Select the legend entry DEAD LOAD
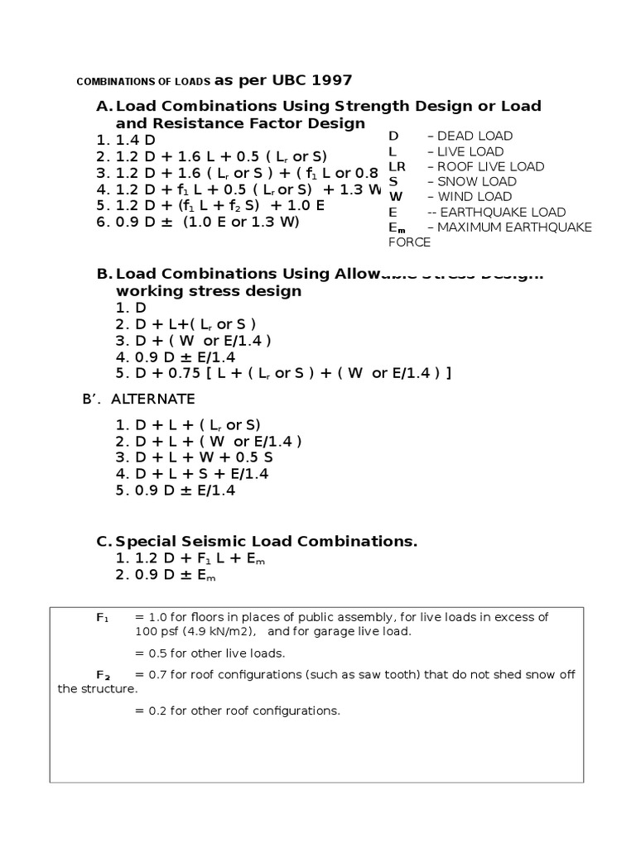[x=475, y=136]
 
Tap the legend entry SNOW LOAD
[x=476, y=181]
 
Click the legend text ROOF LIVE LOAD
[x=490, y=166]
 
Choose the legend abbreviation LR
[x=397, y=166]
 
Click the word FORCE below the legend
[x=409, y=242]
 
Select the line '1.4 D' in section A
[x=137, y=140]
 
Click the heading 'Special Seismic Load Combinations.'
[x=267, y=542]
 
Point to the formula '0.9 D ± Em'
[x=175, y=576]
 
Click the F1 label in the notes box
[x=102, y=618]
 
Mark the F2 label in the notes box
[x=103, y=675]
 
